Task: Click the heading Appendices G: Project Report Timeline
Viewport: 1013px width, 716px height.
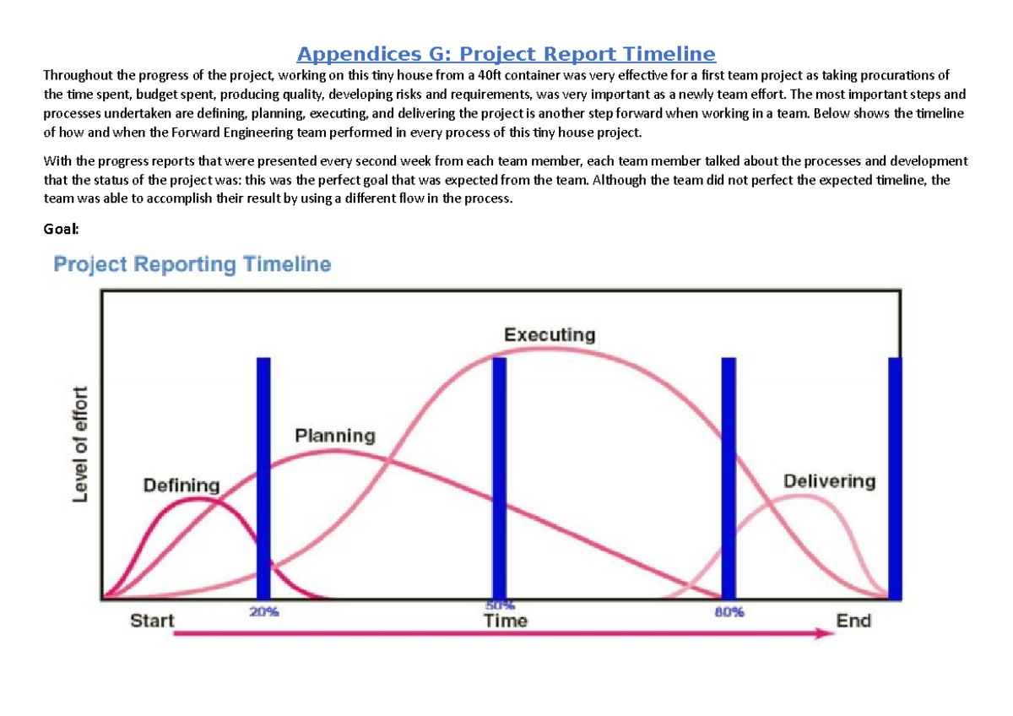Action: [506, 55]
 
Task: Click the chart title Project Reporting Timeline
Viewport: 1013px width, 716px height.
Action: [192, 264]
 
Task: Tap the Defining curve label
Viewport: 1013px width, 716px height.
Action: [181, 485]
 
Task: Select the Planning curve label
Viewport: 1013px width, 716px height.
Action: [335, 436]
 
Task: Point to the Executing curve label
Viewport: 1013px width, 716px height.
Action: [550, 334]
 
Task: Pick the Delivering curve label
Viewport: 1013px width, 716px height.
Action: [830, 481]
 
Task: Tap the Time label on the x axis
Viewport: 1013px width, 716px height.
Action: [506, 621]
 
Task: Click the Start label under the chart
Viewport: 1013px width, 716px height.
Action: [152, 621]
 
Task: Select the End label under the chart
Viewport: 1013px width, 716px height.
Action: [853, 621]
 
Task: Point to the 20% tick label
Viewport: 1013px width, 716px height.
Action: [264, 614]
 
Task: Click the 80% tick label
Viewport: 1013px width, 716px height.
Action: [729, 613]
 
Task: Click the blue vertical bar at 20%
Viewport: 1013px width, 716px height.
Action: [263, 477]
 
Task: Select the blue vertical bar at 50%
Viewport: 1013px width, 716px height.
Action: [500, 477]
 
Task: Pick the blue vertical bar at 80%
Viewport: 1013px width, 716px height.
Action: [729, 477]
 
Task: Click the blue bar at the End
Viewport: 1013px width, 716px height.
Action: [896, 477]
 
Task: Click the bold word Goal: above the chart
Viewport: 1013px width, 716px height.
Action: [62, 229]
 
